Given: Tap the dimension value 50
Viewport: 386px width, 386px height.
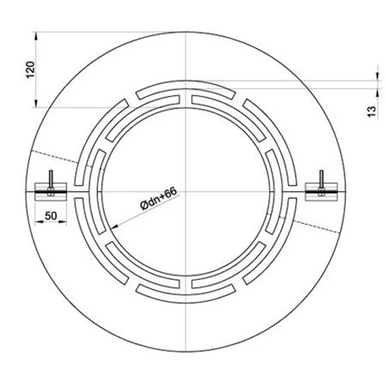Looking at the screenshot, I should point(52,218).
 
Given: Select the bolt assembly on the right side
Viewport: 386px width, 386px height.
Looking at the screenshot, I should point(320,185).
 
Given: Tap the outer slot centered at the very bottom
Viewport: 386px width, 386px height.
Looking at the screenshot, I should point(186,290).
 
